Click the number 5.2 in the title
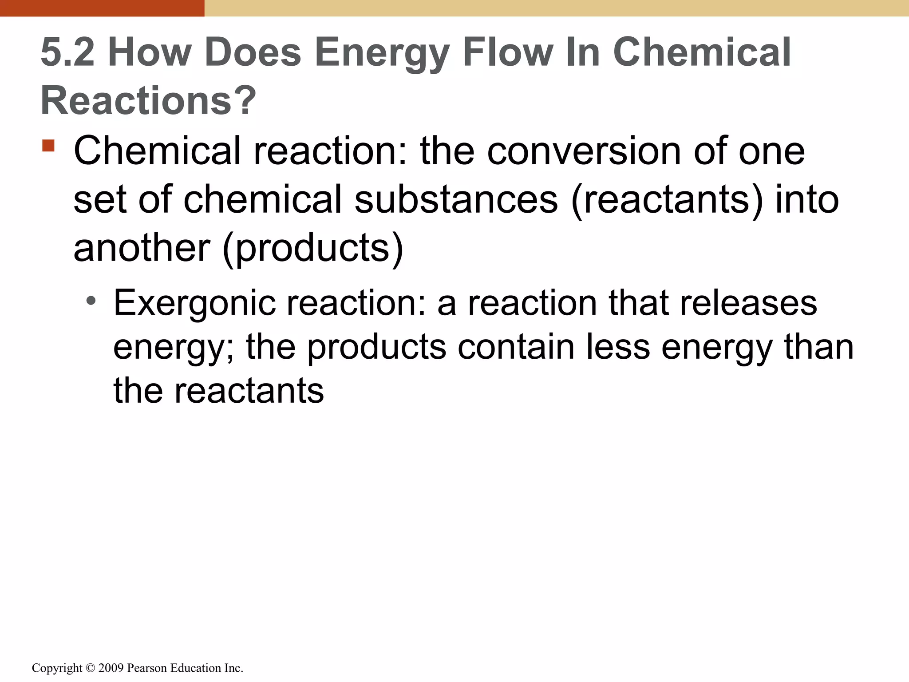[67, 52]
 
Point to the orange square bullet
[48, 146]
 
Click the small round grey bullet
[91, 301]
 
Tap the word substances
[456, 199]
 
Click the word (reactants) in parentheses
[668, 200]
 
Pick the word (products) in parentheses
[313, 248]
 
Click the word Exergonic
[194, 303]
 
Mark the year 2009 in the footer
[111, 668]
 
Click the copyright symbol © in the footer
[91, 668]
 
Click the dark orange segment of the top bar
[102, 8]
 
